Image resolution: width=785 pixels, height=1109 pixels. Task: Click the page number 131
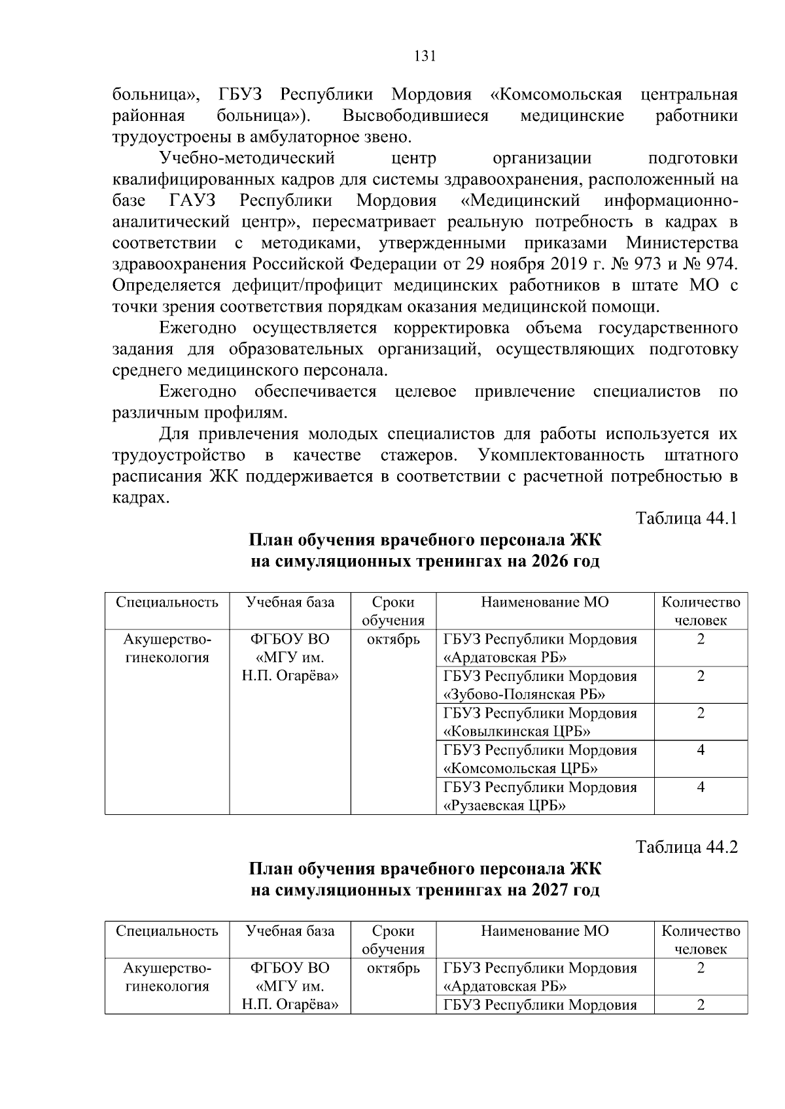(425, 56)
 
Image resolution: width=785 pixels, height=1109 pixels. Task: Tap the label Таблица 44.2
(686, 847)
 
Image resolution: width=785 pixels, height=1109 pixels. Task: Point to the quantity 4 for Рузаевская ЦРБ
(701, 787)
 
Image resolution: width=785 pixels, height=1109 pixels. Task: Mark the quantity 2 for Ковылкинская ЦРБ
(701, 713)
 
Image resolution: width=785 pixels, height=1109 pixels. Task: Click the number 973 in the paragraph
(654, 264)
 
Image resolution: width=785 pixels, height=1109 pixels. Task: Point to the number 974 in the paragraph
(722, 264)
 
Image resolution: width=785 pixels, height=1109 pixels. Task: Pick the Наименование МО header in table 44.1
(544, 602)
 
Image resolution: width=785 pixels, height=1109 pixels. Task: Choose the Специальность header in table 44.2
(167, 931)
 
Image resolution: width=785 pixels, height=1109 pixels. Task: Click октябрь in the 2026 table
(393, 639)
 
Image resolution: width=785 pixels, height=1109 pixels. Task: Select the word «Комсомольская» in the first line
(556, 95)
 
